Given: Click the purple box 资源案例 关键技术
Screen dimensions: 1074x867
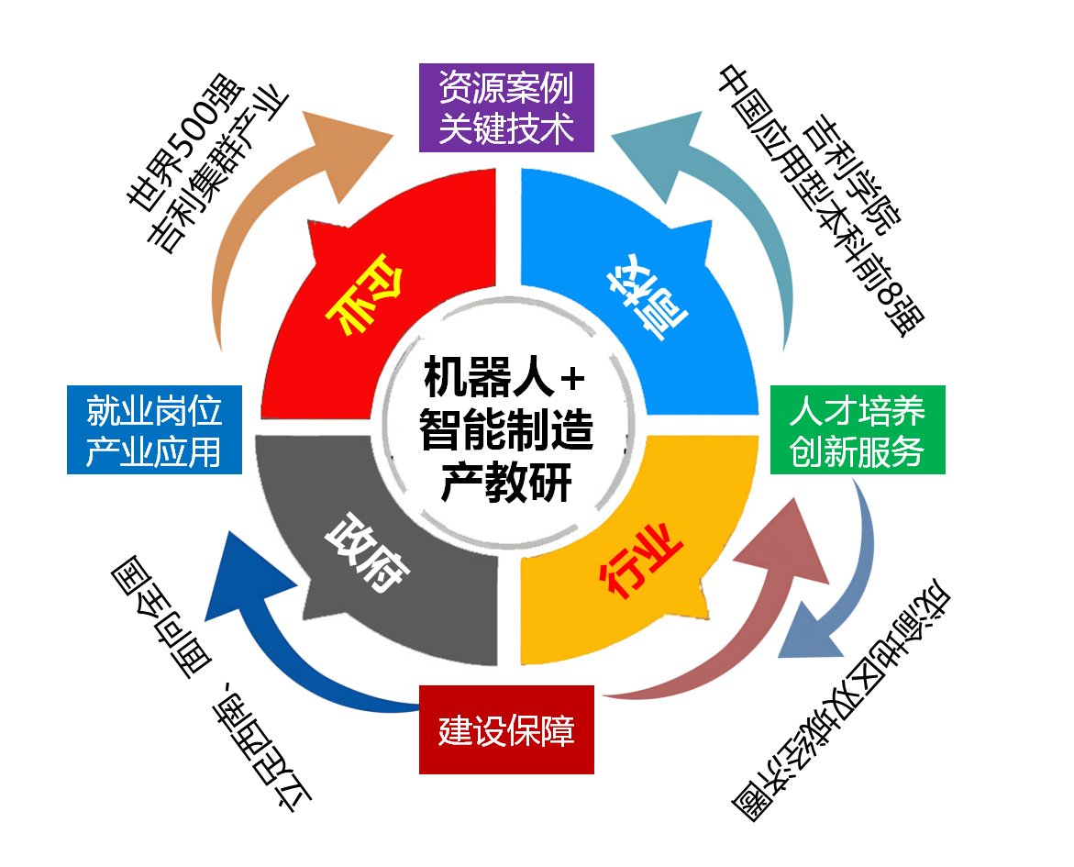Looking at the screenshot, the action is tap(506, 107).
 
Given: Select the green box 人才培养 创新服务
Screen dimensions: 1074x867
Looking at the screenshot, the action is tap(858, 429).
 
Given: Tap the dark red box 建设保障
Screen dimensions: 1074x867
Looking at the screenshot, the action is tap(506, 730).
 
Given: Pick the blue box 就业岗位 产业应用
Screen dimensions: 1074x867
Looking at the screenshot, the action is tap(154, 429).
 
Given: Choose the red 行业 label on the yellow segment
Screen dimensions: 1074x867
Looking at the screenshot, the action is tap(640, 560).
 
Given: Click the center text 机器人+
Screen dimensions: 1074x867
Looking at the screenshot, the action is tap(504, 378).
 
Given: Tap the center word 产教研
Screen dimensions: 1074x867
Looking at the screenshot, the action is tap(505, 483).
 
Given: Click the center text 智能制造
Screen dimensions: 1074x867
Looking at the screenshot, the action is tap(505, 429).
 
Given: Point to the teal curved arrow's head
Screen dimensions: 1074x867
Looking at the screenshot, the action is tap(658, 154).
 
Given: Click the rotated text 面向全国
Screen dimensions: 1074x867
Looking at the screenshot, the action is tap(161, 617).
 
